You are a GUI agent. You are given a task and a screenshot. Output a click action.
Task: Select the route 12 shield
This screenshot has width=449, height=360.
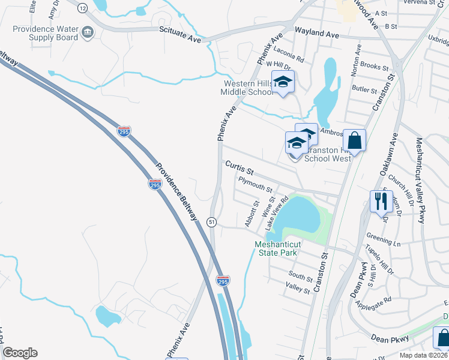[x=82, y=7]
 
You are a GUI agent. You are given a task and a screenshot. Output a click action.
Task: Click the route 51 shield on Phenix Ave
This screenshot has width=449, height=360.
[x=212, y=222]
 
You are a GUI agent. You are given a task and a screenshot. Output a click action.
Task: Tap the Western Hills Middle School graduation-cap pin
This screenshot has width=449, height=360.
[x=283, y=82]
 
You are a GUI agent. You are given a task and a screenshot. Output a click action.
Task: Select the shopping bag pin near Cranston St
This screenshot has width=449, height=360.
[x=355, y=142]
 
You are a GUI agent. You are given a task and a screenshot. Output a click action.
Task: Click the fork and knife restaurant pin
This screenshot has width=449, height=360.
[x=381, y=201]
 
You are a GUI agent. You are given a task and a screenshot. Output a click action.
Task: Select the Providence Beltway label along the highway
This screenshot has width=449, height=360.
[x=176, y=191]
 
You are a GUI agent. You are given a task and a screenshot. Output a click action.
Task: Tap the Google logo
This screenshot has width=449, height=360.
[x=20, y=353]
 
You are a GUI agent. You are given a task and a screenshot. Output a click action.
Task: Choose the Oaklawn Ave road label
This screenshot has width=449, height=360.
[x=387, y=154]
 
